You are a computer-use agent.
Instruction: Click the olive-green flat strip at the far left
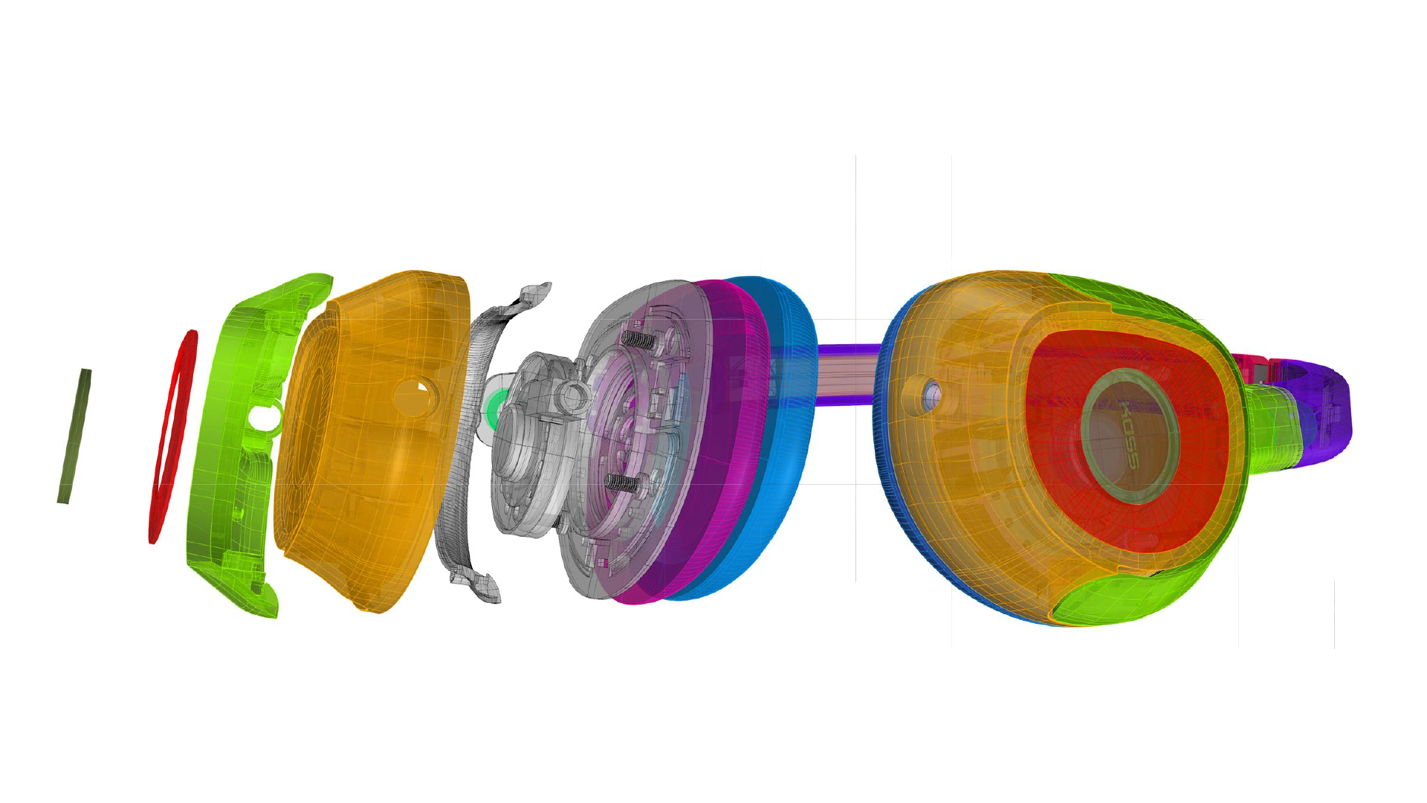74,436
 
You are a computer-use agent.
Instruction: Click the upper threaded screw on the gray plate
638,341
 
